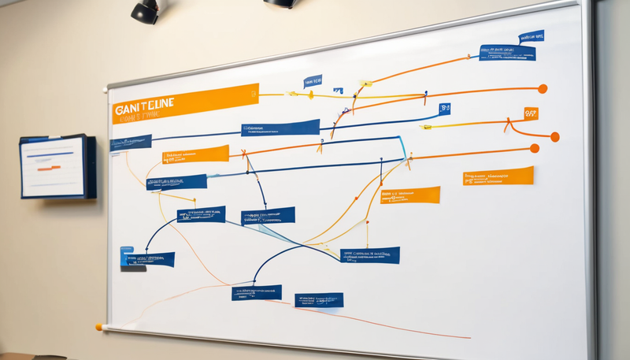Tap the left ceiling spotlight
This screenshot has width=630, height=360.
click(144, 10)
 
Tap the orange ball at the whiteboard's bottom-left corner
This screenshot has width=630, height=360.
click(99, 326)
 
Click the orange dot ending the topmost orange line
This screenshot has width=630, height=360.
click(542, 89)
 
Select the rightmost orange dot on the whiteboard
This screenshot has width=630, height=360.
click(554, 137)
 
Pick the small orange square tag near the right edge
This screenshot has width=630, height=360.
click(531, 113)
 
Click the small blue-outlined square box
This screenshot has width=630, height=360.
click(445, 108)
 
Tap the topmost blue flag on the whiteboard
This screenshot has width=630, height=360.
click(531, 37)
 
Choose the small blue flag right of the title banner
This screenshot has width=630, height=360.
click(313, 80)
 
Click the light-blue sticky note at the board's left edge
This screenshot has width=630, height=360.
click(126, 257)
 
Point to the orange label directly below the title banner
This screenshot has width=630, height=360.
click(195, 154)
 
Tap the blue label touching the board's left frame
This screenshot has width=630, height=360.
click(130, 143)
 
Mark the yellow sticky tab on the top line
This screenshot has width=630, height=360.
click(366, 83)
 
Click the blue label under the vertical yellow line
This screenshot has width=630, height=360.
click(370, 254)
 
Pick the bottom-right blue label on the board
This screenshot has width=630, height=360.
click(319, 299)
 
